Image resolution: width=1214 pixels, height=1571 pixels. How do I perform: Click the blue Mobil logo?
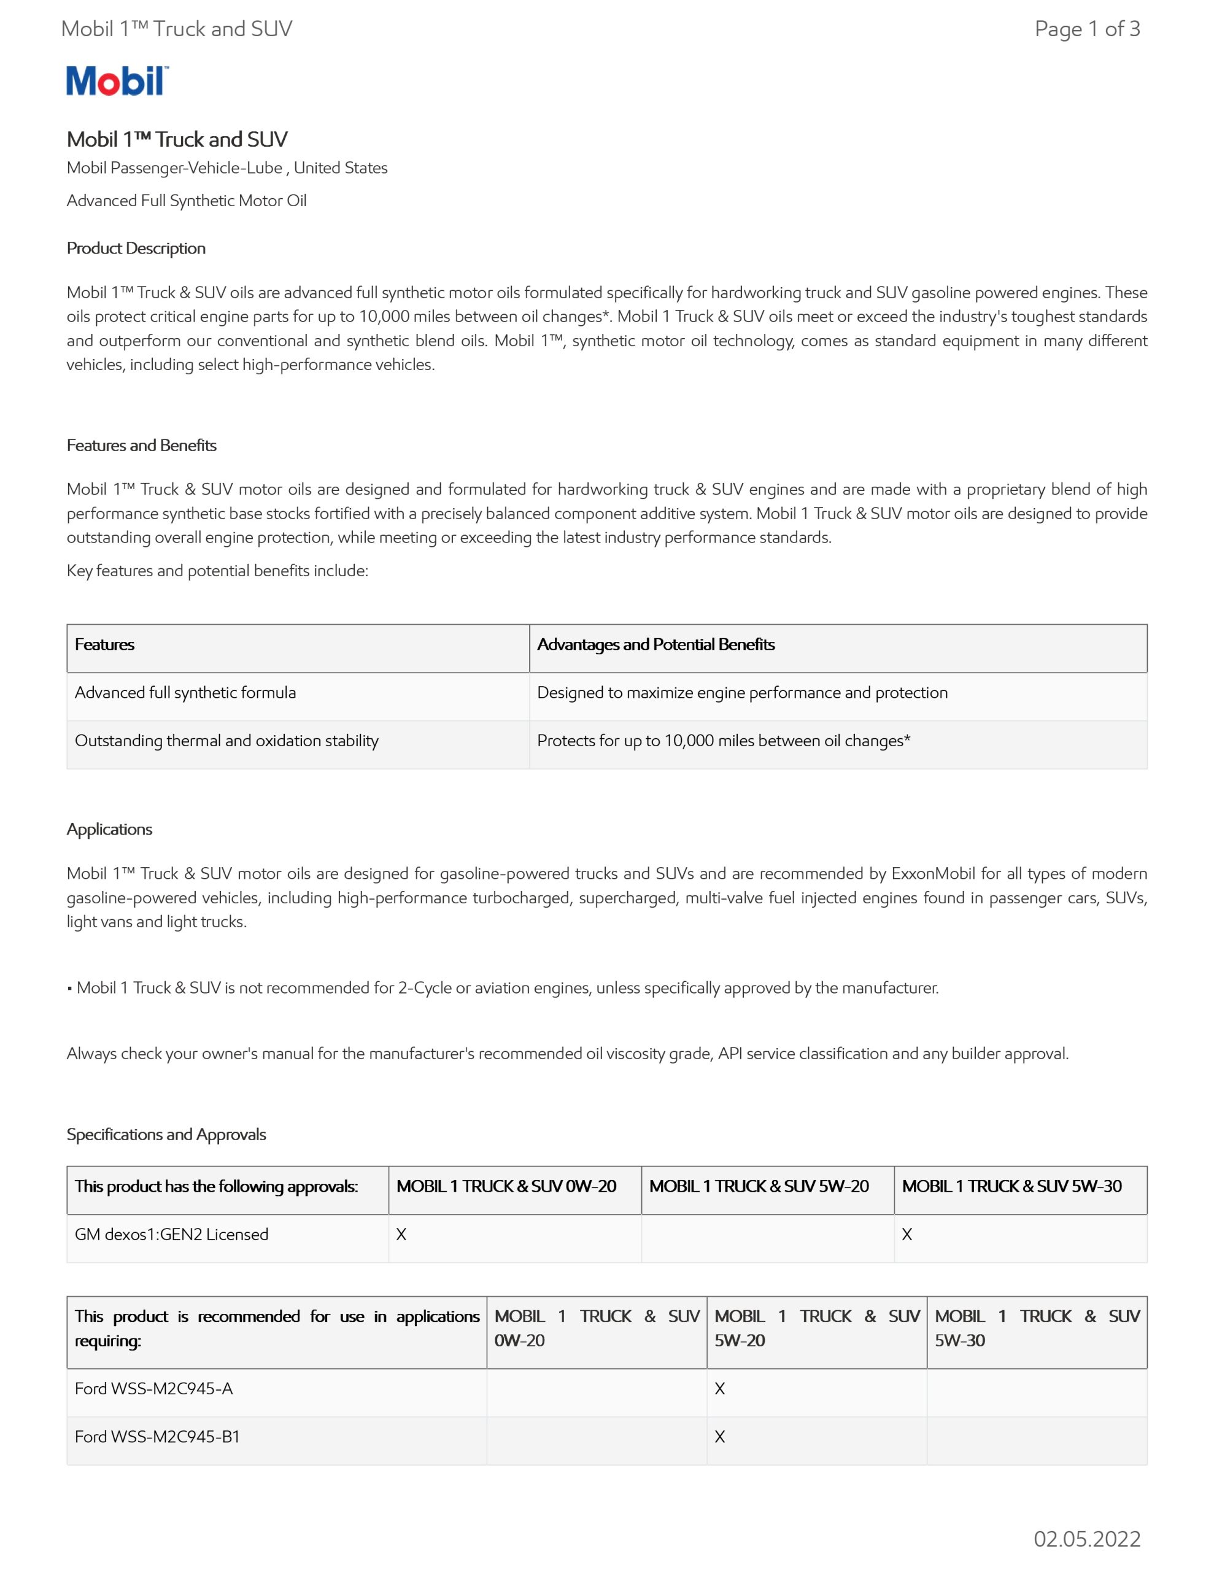(117, 80)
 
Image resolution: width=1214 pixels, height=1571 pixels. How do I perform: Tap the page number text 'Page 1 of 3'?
(1086, 29)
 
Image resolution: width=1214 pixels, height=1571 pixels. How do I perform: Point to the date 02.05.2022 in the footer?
(1086, 1538)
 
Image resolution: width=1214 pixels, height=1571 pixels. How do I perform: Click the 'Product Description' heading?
(136, 248)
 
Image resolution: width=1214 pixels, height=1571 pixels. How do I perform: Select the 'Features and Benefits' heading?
(142, 446)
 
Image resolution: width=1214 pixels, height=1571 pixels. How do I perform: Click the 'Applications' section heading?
(109, 830)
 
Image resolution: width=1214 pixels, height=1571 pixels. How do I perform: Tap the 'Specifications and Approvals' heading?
(166, 1134)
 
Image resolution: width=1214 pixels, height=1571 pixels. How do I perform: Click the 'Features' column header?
(104, 644)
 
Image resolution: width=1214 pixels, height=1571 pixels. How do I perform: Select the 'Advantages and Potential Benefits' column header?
(655, 644)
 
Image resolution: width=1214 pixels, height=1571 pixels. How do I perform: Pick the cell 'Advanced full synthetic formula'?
(185, 693)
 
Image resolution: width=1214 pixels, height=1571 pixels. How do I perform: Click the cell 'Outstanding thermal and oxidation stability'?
(226, 741)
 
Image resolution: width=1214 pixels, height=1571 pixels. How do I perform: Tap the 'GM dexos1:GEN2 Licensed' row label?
(171, 1234)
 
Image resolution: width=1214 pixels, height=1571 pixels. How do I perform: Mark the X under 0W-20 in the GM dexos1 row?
(401, 1234)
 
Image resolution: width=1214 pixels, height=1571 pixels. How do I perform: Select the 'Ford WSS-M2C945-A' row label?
(154, 1388)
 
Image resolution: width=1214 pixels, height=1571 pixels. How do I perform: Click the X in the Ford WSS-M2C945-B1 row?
(719, 1437)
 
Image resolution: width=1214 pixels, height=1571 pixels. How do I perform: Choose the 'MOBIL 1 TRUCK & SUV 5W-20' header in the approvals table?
(759, 1186)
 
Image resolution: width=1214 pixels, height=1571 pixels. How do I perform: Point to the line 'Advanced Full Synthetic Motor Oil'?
(187, 201)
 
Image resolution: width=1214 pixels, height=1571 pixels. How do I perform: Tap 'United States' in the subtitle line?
(341, 168)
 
